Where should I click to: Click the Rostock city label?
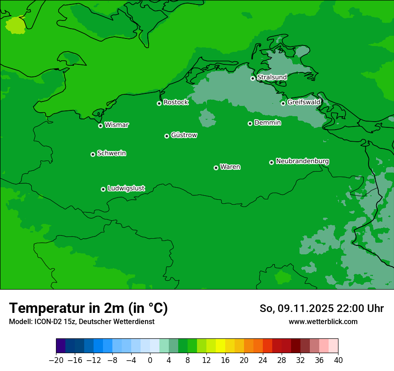coord(176,102)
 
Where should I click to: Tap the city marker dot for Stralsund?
coord(253,78)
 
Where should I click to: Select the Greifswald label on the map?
coord(304,102)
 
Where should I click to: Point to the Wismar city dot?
coord(101,126)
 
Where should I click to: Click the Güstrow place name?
coord(184,135)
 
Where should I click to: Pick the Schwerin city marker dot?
coord(93,154)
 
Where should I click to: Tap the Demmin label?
coord(267,122)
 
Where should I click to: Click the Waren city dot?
coord(216,168)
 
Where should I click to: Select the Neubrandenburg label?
coord(302,161)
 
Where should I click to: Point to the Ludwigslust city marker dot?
coord(103,189)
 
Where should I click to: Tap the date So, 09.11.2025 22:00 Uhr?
coord(321,308)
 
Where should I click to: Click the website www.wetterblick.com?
coord(323,321)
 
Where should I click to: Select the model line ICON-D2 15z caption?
coord(81,321)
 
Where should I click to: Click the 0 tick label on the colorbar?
coord(150,360)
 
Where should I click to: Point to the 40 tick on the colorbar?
coord(338,360)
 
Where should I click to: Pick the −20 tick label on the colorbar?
coord(56,360)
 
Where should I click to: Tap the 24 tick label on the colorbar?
coord(263,360)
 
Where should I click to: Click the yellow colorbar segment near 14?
coord(220,346)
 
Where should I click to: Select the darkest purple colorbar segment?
coord(61,346)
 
